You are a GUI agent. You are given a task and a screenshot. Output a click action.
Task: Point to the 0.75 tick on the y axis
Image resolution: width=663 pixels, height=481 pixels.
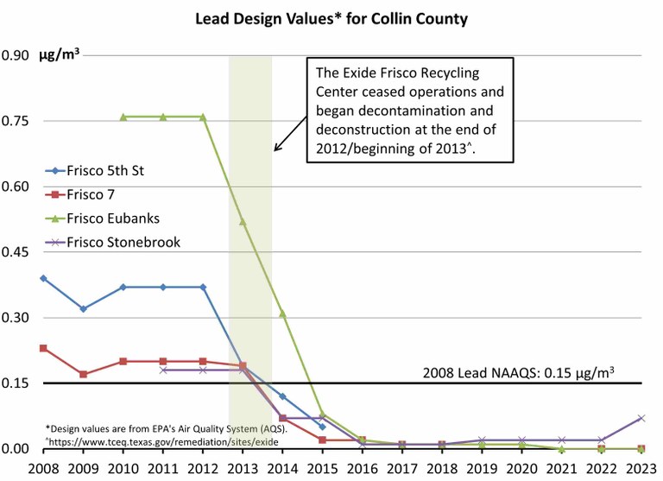coord(15,121)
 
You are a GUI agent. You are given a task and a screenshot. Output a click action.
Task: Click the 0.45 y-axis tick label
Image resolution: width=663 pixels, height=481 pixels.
coord(15,252)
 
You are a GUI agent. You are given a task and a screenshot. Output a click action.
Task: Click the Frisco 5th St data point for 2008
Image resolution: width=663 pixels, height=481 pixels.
coord(43,278)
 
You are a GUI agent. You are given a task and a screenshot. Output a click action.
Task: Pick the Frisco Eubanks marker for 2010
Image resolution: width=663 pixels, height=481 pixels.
coord(123,117)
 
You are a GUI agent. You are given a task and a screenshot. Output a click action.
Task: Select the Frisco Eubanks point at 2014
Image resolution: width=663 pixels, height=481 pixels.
coord(282,313)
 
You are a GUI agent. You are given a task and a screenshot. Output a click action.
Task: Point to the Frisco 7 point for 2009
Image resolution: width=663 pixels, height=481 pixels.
coord(83,374)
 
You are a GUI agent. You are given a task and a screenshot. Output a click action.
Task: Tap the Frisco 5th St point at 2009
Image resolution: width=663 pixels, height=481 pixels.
coord(83,308)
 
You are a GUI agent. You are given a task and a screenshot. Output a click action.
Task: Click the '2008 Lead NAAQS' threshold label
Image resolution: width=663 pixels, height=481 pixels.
coord(519,373)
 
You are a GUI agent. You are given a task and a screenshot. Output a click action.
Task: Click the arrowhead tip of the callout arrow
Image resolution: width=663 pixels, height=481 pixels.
coord(275,151)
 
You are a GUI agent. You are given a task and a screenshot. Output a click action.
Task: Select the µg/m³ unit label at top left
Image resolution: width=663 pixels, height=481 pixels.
coord(59,56)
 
